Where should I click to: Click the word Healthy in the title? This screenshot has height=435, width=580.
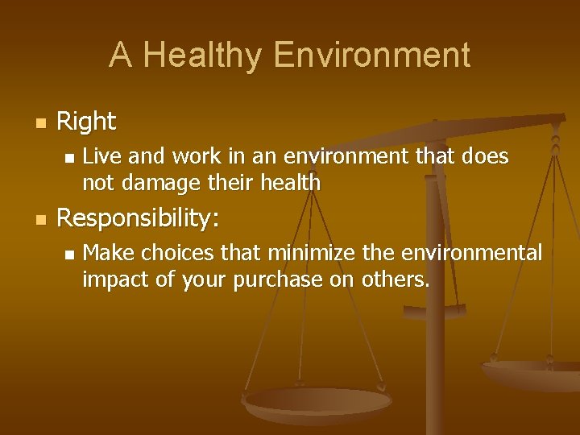coord(203,56)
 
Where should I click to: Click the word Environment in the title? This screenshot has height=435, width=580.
coord(371,56)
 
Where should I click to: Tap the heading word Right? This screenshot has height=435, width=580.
coord(86,122)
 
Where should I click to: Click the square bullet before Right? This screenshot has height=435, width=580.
coord(40,123)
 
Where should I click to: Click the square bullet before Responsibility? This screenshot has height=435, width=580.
coord(40,220)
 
